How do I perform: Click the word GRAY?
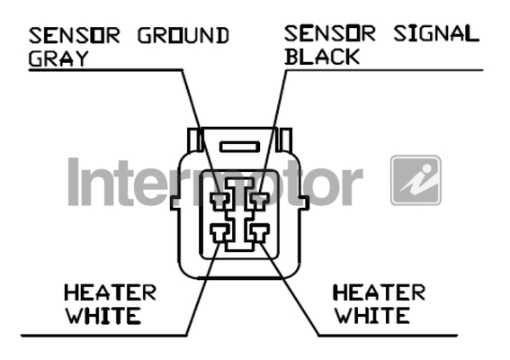pyautogui.click(x=58, y=58)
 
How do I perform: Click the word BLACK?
pyautogui.click(x=322, y=57)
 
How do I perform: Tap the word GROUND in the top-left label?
pyautogui.click(x=183, y=35)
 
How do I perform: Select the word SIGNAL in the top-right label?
pyautogui.click(x=436, y=33)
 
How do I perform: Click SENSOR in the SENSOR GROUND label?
pyautogui.click(x=75, y=35)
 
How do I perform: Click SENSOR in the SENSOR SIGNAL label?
pyautogui.click(x=330, y=33)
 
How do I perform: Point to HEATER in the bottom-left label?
pyautogui.click(x=111, y=292)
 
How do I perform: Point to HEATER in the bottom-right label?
pyautogui.click(x=380, y=292)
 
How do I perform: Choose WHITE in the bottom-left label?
pyautogui.click(x=103, y=316)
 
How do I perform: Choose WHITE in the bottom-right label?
pyautogui.click(x=372, y=315)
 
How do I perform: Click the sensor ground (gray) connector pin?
pyautogui.click(x=220, y=201)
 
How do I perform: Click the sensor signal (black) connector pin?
pyautogui.click(x=259, y=201)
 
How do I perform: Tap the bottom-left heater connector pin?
pyautogui.click(x=220, y=233)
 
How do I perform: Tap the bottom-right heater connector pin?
pyautogui.click(x=259, y=233)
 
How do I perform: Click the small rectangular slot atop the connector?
pyautogui.click(x=240, y=147)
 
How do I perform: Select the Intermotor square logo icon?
pyautogui.click(x=416, y=180)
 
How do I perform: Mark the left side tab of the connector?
pyautogui.click(x=174, y=202)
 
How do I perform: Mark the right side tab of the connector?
pyautogui.click(x=304, y=202)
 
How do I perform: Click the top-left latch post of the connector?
pyautogui.click(x=195, y=140)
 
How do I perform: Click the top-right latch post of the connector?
pyautogui.click(x=284, y=140)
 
